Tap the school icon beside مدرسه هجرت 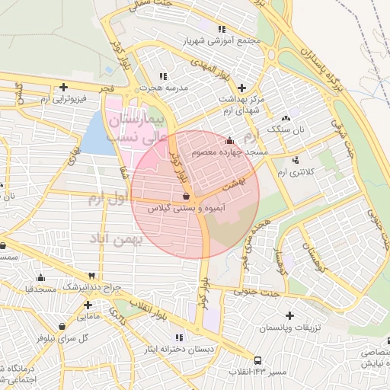point(161,77)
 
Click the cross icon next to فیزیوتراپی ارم point(64,87)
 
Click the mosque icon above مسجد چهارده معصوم point(230,140)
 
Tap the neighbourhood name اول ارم point(106,200)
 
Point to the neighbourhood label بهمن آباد point(117,241)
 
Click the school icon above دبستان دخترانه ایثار point(179,337)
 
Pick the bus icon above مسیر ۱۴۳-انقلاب point(259,360)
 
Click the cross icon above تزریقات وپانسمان point(289,315)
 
